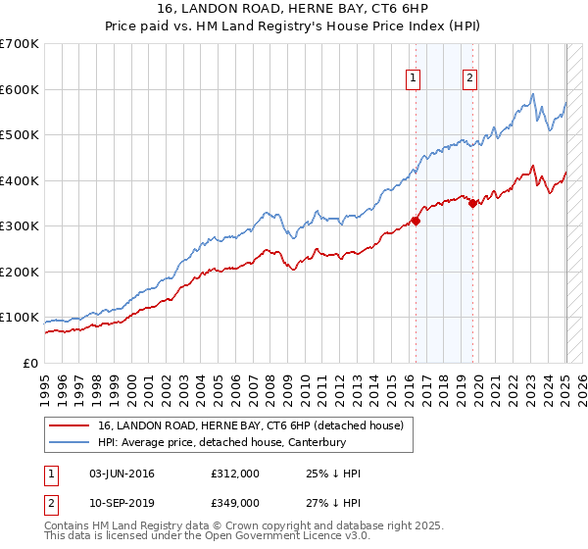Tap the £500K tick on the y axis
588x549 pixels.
point(21,135)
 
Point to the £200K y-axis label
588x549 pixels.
point(21,272)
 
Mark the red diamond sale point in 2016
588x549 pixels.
point(416,221)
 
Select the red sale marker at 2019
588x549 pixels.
point(472,204)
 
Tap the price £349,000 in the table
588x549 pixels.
point(234,502)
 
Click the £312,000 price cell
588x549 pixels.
point(234,474)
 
